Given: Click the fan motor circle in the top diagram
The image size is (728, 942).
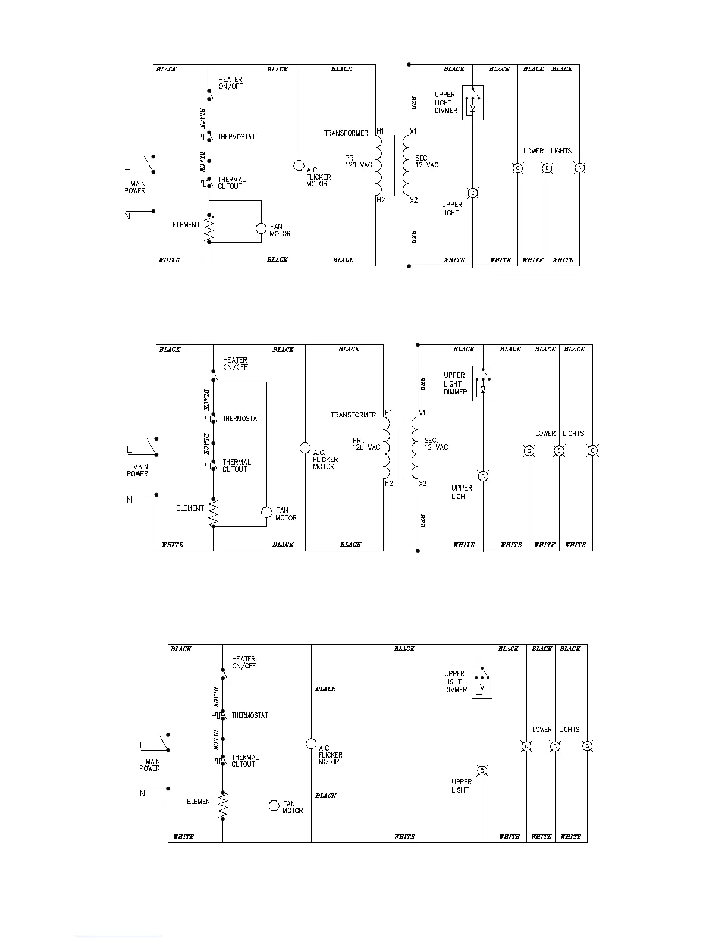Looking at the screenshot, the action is point(261,229).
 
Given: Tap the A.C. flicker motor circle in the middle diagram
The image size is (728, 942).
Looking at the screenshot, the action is point(305,448).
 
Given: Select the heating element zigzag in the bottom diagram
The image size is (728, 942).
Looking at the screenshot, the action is point(223,806).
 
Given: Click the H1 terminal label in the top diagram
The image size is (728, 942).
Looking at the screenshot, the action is point(381,131).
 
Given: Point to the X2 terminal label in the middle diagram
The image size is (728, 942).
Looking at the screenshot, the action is point(422,483).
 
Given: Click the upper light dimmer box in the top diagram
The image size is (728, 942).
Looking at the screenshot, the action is point(473,102).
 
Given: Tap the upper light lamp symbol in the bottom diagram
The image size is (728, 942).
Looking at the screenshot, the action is point(482,771).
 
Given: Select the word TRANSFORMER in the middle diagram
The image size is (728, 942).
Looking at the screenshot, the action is point(353,415).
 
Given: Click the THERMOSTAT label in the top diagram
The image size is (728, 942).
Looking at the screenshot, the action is point(236,137).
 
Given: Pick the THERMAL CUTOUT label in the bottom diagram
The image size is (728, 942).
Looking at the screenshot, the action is point(245,761).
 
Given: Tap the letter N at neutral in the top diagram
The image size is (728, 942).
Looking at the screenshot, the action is point(127,216).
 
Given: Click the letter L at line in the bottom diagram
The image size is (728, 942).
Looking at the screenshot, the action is point(142,745).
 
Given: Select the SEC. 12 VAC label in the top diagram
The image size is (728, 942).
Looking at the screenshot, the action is point(426,161).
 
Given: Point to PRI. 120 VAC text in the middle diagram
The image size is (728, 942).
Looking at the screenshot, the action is point(366,444).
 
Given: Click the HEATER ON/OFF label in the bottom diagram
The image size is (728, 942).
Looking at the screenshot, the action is point(244,662).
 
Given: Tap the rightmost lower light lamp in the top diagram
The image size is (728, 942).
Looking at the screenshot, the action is point(580,168).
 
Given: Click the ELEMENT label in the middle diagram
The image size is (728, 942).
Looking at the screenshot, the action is point(190,508).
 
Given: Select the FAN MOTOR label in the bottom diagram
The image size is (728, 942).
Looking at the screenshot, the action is point(293,807).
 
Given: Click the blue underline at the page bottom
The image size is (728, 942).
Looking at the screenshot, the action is point(118,937).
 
